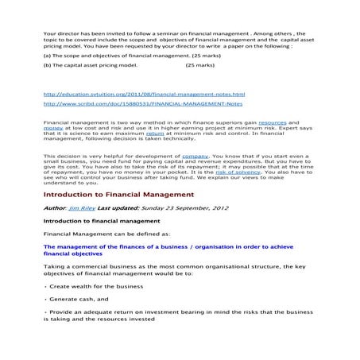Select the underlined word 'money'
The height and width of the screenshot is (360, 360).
pyautogui.click(x=52, y=130)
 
